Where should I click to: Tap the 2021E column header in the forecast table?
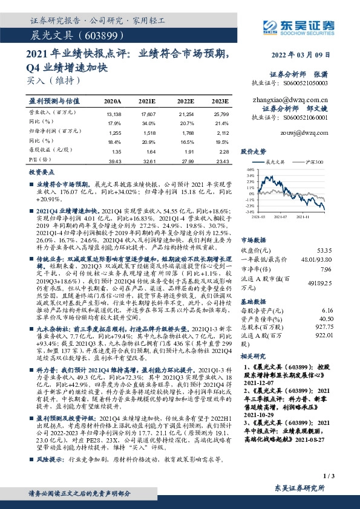pyautogui.click(x=147, y=100)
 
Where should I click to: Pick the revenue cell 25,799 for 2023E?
pyautogui.click(x=221, y=113)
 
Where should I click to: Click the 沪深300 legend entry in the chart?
pyautogui.click(x=315, y=162)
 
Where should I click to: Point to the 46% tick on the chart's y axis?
pyautogui.click(x=250, y=170)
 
